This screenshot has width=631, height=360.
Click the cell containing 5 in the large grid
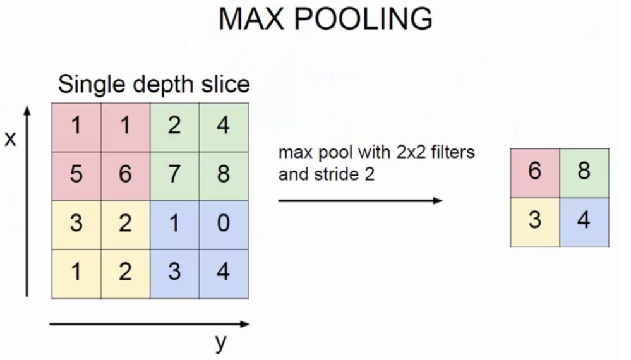pos(76,174)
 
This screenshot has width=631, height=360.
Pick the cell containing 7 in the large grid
pos(174,174)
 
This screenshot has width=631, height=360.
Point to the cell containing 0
pos(223,224)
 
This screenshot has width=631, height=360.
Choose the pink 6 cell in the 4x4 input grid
pos(125,174)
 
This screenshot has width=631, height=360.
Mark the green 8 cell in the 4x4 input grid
pos(223,174)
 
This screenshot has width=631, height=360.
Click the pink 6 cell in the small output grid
pos(535,172)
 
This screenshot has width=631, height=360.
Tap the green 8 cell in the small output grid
pos(584,172)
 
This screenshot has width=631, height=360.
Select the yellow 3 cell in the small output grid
pos(535,221)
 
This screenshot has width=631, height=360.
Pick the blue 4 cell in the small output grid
pos(584,221)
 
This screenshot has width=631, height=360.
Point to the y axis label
pos(220,343)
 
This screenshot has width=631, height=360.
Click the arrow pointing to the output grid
pos(360,201)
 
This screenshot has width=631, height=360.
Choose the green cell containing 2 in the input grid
pos(174,126)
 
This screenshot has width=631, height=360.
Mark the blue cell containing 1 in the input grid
pos(174,224)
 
